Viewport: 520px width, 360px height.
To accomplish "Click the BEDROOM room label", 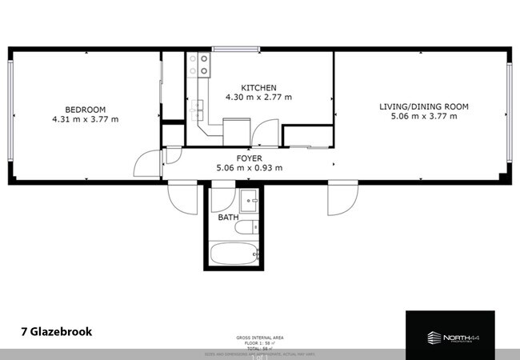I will point(85,110).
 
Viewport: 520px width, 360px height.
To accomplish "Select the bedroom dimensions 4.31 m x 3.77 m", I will point(85,120).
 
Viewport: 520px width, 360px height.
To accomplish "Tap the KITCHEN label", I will point(258,88).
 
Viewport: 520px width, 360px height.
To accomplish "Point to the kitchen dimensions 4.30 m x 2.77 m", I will point(258,98).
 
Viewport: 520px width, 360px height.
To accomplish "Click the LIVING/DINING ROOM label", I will point(423,106).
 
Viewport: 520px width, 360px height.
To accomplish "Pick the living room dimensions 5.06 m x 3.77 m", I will point(423,117).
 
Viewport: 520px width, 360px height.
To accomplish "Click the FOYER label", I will point(250,158).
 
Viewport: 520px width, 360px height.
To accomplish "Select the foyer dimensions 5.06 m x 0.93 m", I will point(250,168).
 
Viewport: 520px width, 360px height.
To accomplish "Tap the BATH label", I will point(228,218).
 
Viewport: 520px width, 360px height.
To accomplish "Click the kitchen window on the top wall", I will point(224,50).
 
